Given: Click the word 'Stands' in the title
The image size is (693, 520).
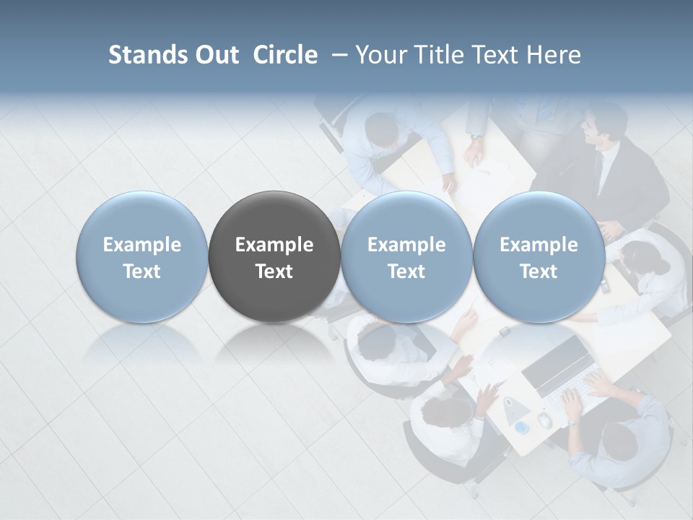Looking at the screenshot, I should (143, 55).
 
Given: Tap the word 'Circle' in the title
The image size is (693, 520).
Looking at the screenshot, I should (285, 55).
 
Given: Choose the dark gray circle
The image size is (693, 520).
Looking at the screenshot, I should (274, 256).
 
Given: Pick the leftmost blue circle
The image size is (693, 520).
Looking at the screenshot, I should (141, 256).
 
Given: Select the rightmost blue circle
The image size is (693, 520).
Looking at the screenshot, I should (539, 256).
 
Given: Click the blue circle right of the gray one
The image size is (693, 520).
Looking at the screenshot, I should (406, 256).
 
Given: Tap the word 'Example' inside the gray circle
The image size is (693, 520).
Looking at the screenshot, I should (274, 245).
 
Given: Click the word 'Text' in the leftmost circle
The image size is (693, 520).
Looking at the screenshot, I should (141, 272).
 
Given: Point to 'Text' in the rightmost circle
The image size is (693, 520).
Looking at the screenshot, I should (539, 272).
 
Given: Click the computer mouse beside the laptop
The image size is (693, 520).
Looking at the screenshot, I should (545, 420).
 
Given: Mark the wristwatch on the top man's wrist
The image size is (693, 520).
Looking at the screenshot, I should (476, 136).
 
